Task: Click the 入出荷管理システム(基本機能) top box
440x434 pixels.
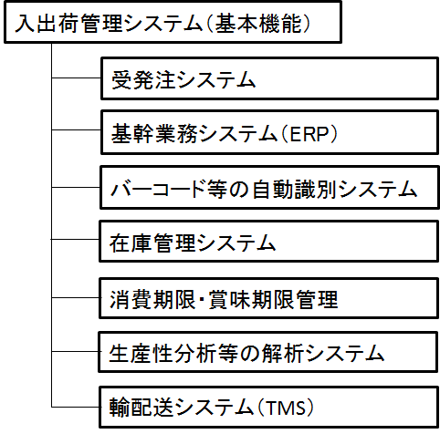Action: pos(173,22)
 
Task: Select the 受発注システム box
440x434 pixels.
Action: pos(269,78)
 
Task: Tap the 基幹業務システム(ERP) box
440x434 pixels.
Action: pos(269,132)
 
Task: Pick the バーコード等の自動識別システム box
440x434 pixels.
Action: pos(269,188)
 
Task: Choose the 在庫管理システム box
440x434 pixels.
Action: pos(269,242)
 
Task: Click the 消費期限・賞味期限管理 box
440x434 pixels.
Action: pos(269,298)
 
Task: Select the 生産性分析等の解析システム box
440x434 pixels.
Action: pos(268,352)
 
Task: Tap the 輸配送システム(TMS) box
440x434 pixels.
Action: pos(269,407)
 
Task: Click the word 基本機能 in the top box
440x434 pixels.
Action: pos(258,24)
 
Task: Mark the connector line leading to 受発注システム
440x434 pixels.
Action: pos(76,78)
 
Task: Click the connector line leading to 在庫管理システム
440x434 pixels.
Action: pos(75,240)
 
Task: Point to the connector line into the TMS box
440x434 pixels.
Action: pos(76,407)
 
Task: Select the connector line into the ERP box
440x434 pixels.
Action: pos(76,130)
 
